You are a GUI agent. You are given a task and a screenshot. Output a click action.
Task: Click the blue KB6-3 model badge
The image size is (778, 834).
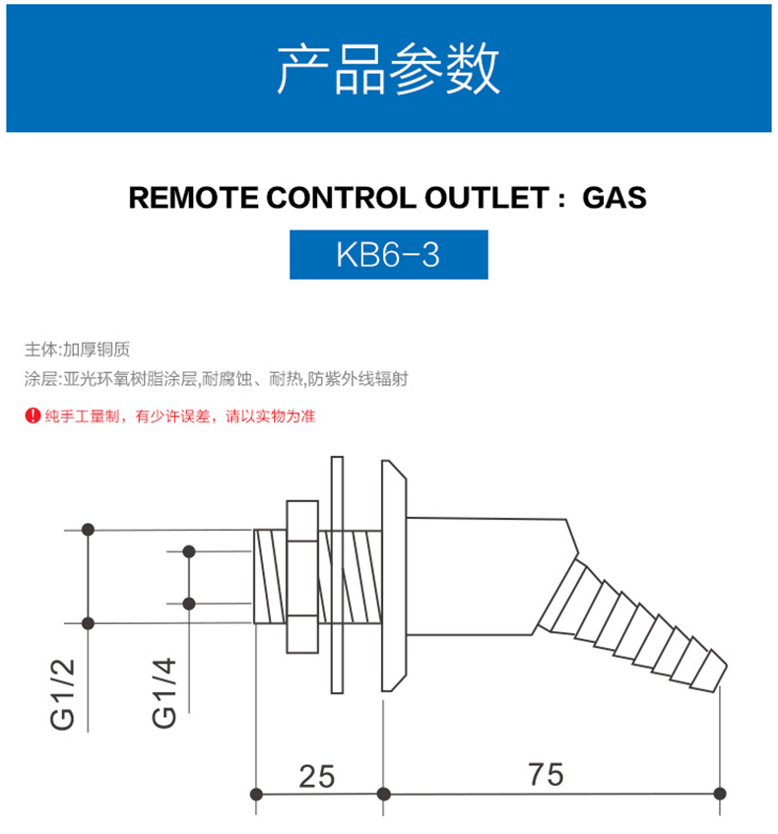(x=388, y=255)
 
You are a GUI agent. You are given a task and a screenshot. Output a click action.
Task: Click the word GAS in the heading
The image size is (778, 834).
(x=615, y=198)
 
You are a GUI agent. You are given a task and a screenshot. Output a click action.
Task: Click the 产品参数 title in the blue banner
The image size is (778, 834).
(x=388, y=69)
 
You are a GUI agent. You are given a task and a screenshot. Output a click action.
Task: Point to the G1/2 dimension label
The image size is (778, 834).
(x=64, y=693)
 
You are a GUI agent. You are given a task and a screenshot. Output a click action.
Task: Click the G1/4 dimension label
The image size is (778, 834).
(x=165, y=693)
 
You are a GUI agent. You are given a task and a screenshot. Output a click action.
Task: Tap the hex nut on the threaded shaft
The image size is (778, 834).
(x=301, y=576)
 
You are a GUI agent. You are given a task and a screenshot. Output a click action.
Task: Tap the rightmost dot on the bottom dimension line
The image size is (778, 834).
(x=722, y=794)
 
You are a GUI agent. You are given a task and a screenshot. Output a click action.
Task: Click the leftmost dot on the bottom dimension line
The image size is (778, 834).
(x=256, y=794)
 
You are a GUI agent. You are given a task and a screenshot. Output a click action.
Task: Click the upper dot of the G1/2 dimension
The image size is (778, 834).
(x=89, y=529)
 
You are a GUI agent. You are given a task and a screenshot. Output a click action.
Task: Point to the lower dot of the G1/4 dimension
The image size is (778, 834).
(x=189, y=603)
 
